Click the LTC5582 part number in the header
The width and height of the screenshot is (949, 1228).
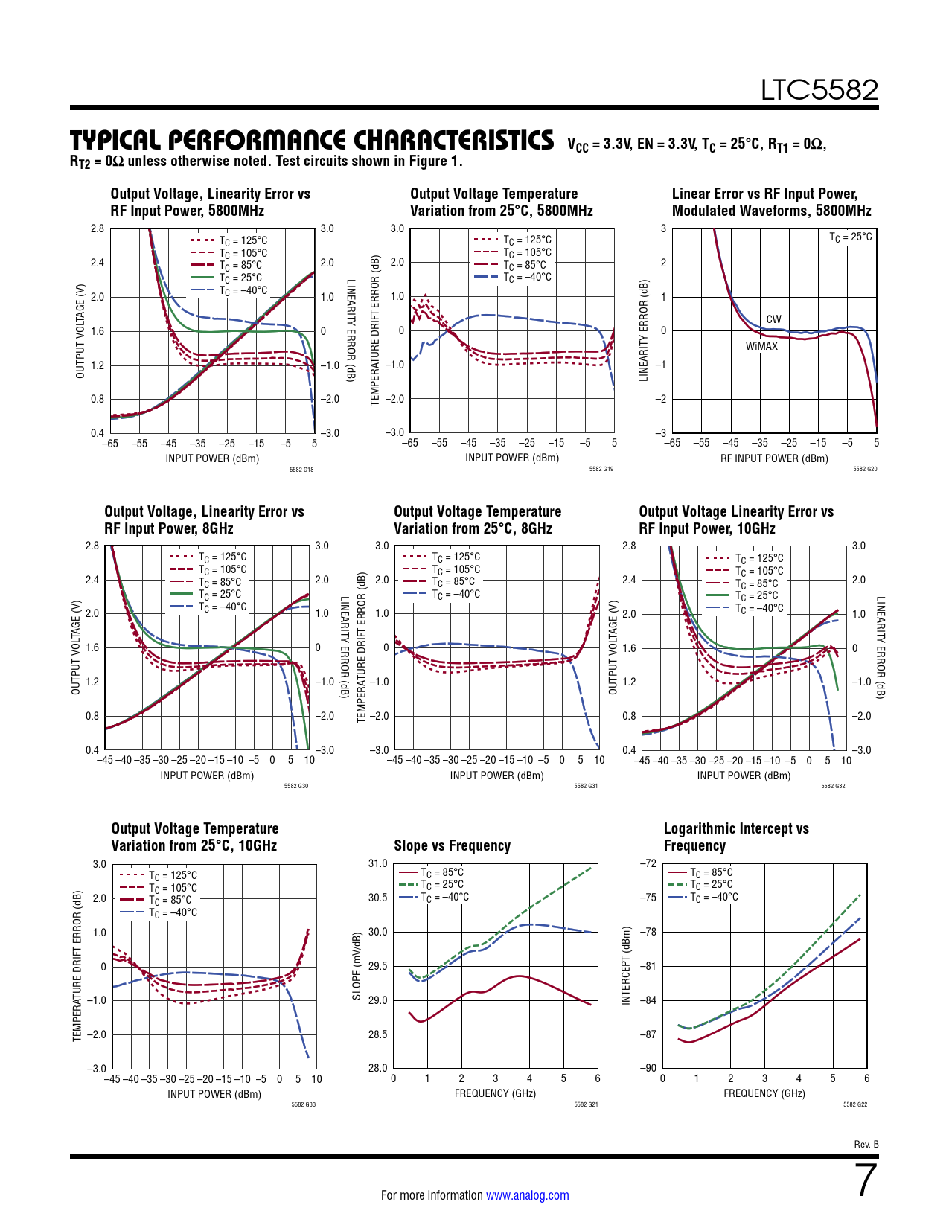tap(819, 90)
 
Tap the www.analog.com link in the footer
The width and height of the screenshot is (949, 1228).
tap(527, 1195)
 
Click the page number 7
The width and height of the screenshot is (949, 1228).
tap(866, 1180)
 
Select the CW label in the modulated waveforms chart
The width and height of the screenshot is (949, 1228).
tap(773, 319)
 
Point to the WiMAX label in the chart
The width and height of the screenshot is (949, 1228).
tap(761, 346)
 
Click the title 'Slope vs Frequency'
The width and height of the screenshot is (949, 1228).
tap(452, 845)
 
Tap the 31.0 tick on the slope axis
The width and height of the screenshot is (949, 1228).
tap(377, 863)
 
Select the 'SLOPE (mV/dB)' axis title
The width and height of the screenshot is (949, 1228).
tap(357, 965)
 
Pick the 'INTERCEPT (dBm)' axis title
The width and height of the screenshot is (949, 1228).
tap(626, 965)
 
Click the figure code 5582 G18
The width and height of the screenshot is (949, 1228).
tap(301, 470)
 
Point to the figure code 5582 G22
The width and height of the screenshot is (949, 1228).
tap(855, 1104)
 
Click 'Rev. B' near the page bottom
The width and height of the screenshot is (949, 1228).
tap(866, 1144)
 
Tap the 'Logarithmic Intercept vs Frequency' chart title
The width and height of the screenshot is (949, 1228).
tap(735, 837)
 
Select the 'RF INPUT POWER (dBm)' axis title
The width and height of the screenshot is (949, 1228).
tap(774, 458)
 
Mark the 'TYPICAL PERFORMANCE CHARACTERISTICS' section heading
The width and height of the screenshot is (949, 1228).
tap(312, 141)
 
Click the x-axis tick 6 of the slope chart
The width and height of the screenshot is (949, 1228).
tap(597, 1078)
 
